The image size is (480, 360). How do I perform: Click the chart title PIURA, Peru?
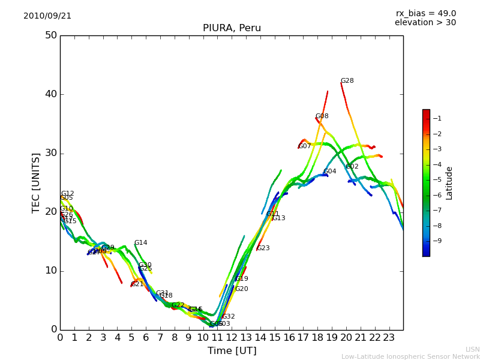[232, 28]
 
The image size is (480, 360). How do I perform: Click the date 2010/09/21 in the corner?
[47, 16]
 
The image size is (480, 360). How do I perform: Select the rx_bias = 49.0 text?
[425, 14]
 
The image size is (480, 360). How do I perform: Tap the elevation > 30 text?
[425, 23]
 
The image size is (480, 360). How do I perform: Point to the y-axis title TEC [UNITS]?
[36, 182]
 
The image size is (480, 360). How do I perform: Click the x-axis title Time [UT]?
[232, 351]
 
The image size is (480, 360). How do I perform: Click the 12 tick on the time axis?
[232, 338]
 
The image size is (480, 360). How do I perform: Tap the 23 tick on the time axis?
[389, 338]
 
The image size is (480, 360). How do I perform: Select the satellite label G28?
[347, 81]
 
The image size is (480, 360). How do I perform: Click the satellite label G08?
[322, 116]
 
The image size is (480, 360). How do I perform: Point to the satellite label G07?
[305, 146]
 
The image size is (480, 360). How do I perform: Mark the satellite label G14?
[140, 243]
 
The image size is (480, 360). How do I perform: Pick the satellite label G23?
[263, 248]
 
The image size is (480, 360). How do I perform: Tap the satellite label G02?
[352, 167]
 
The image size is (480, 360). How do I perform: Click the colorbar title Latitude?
[449, 183]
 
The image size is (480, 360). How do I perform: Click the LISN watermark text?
[473, 349]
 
